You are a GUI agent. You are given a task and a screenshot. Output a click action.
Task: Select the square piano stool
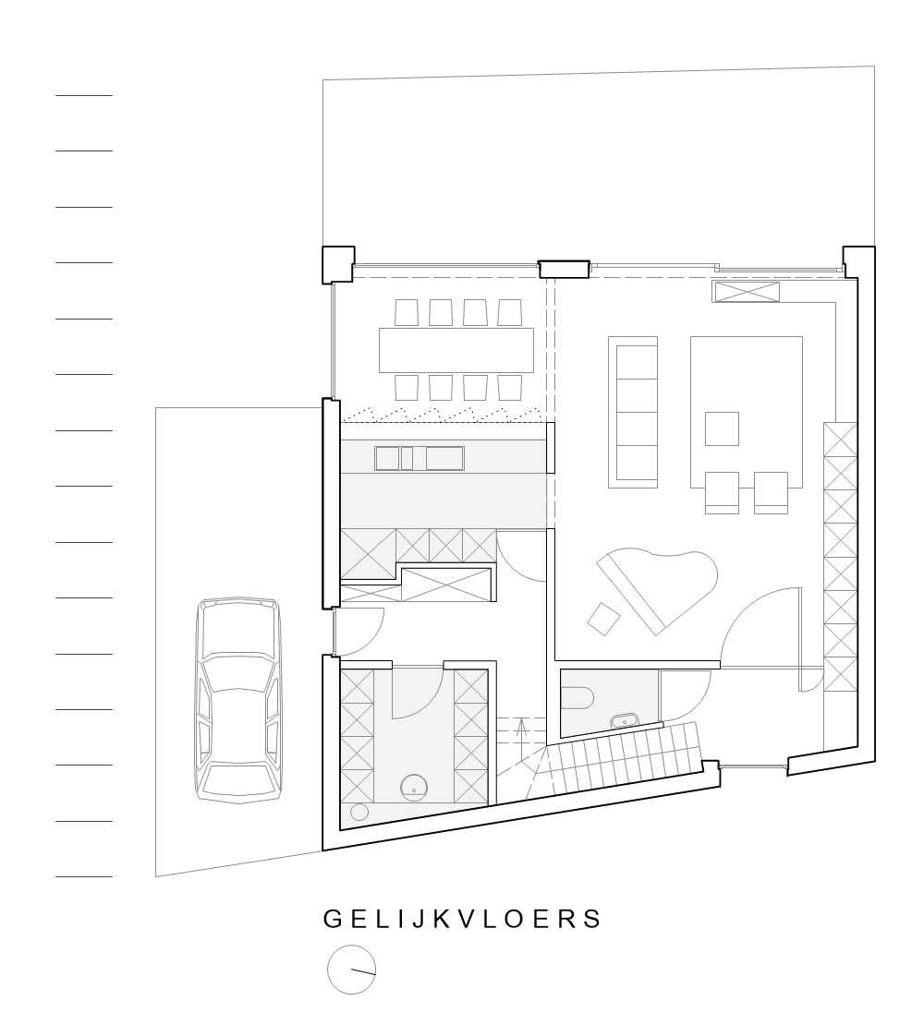[604, 618]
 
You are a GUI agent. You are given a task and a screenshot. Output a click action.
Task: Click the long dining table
[456, 350]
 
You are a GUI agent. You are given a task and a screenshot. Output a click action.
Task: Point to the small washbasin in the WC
[626, 719]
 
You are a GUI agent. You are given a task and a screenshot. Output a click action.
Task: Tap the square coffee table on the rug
[723, 428]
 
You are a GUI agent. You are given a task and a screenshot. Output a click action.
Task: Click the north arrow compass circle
[352, 971]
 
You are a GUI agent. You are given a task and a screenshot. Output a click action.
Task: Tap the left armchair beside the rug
[722, 491]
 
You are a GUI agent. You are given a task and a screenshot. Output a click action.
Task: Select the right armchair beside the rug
[771, 491]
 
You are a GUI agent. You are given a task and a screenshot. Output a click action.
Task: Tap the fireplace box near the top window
[746, 292]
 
